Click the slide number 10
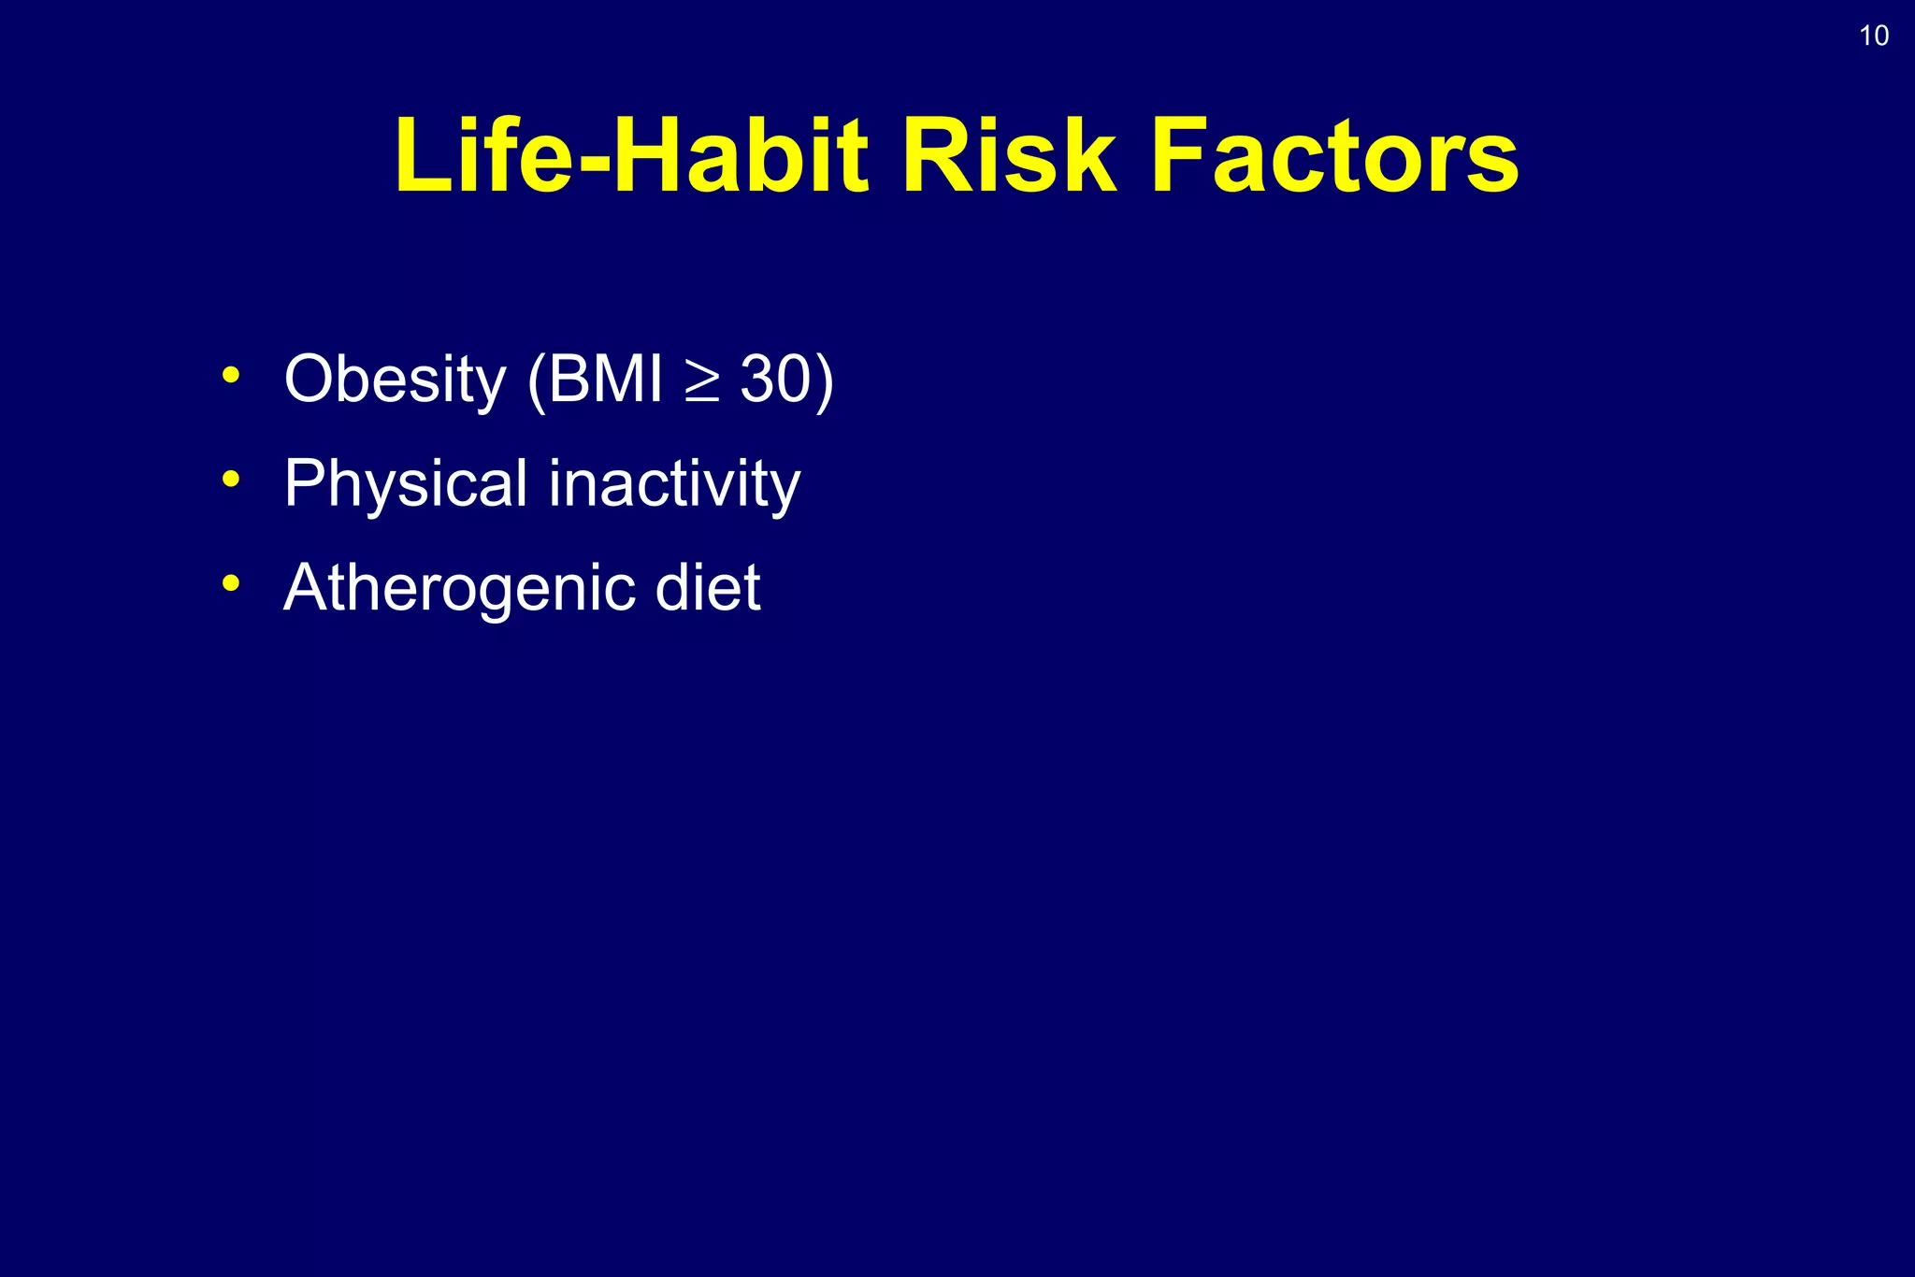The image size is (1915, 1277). (1873, 36)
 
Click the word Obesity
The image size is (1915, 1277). (394, 380)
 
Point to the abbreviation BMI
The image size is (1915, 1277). (605, 380)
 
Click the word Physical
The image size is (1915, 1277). (406, 484)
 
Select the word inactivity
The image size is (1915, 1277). (674, 484)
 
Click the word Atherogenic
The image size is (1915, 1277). (458, 589)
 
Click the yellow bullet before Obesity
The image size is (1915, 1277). (231, 377)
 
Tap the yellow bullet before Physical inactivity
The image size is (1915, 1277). (231, 481)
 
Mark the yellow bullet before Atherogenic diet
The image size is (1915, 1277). (231, 584)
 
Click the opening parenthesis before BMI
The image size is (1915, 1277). (536, 381)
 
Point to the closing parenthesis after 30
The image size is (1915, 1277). (824, 381)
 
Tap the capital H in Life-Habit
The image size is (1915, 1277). (651, 156)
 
